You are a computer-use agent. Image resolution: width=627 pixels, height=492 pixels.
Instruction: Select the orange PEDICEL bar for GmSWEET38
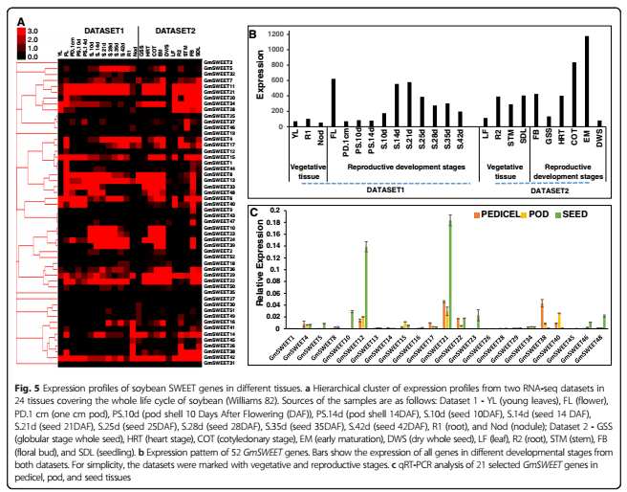[542, 316]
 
